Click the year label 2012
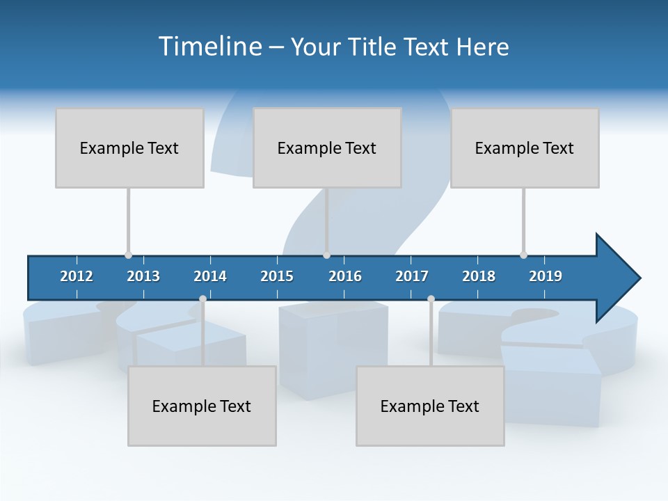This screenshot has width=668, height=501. pos(77,276)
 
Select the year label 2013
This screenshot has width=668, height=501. pos(143,276)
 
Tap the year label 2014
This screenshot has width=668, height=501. pos(210,276)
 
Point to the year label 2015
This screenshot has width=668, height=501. pos(277,276)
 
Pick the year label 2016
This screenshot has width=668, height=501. pos(345,276)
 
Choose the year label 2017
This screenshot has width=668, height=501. pos(412,276)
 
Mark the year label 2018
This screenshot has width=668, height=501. pos(479,276)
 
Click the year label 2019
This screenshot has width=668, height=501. pos(546,276)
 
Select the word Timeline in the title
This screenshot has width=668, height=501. pos(209,47)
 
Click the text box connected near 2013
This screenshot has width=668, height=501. pos(129,148)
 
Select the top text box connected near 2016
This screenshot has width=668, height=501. pos(327,148)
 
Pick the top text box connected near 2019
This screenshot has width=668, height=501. pos(525,148)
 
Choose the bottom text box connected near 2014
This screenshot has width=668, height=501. pos(202,406)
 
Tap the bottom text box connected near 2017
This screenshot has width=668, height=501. pos(430,406)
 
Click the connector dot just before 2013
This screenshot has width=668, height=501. pos(128,255)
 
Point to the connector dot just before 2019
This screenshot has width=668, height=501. pos(523,255)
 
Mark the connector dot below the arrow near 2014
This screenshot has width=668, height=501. pos(202,299)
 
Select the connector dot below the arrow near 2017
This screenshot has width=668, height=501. pos(431,299)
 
